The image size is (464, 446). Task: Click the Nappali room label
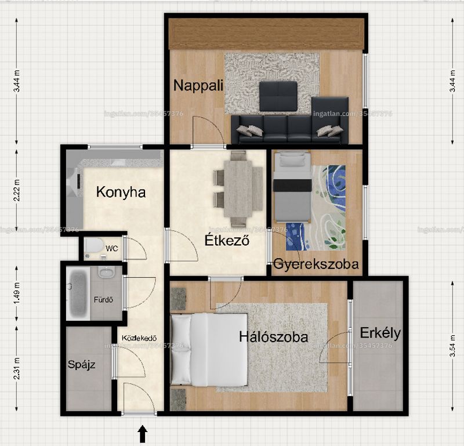point(198,85)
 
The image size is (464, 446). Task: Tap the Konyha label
point(121,193)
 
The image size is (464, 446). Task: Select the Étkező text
point(227,240)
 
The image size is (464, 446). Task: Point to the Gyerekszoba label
point(316,264)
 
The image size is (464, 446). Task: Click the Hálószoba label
point(273,337)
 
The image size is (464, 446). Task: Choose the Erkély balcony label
point(380,333)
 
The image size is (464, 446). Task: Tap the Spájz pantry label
point(81,365)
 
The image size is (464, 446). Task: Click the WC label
point(112,248)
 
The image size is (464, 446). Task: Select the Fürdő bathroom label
point(103,299)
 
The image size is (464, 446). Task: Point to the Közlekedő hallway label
point(139,338)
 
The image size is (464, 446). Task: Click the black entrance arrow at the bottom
point(143,434)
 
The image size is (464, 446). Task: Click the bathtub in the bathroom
point(78,293)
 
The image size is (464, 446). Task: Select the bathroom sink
point(107,271)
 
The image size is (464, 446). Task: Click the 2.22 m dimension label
point(17,190)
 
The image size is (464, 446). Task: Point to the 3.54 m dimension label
point(452,346)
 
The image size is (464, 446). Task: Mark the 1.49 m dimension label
point(17,293)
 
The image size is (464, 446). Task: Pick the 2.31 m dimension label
point(17,368)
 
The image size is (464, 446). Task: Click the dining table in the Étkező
point(238,189)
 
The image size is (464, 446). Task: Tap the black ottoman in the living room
point(278,96)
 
